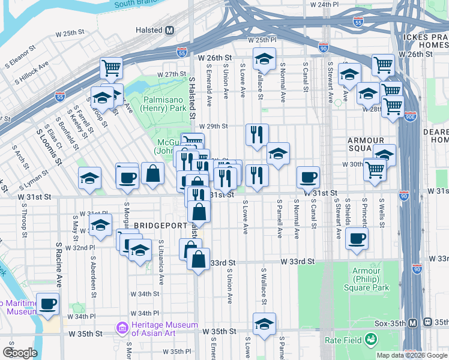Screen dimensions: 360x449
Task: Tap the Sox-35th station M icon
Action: pyautogui.click(x=412, y=323)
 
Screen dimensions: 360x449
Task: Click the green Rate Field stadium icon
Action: pyautogui.click(x=372, y=340)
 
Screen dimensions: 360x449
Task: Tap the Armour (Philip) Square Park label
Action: pyautogui.click(x=371, y=279)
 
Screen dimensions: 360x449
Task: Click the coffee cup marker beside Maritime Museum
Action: pyautogui.click(x=48, y=303)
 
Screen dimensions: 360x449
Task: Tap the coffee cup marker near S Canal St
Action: pyautogui.click(x=309, y=177)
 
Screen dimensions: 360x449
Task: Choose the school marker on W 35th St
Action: pyautogui.click(x=264, y=324)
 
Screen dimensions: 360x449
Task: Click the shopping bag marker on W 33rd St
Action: pyautogui.click(x=199, y=260)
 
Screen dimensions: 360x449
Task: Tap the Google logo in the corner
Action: pyautogui.click(x=20, y=353)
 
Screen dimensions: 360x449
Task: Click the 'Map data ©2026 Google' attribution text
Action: pyautogui.click(x=411, y=355)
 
